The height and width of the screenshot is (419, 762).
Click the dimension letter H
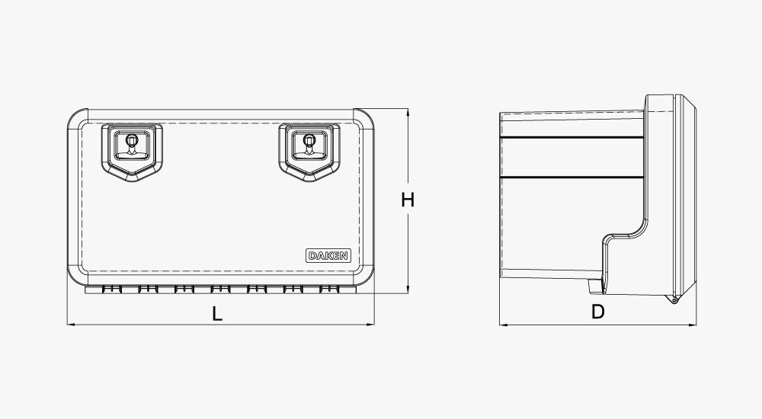coord(408,200)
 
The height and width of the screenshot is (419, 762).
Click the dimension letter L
coord(217,312)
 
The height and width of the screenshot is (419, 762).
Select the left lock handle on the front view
coord(133,149)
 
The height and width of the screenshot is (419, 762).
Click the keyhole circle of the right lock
coord(309,139)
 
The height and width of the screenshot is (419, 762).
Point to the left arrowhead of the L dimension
coord(71,325)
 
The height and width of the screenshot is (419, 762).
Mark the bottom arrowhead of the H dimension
coord(408,292)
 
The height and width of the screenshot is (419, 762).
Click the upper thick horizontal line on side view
coord(571,137)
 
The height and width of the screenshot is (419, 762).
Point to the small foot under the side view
coord(594,287)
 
